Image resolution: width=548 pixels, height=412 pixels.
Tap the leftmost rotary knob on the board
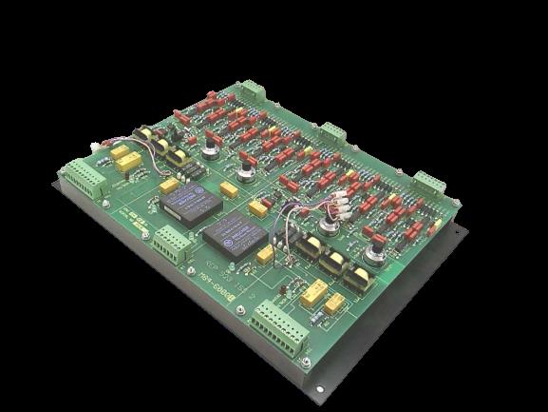210,145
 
